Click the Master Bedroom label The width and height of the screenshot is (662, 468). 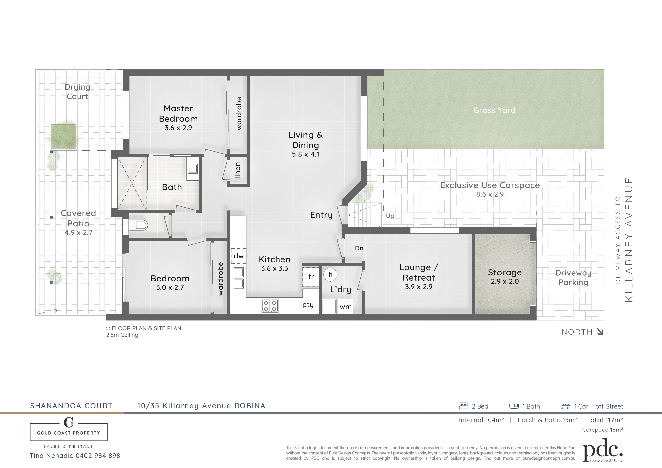pyautogui.click(x=178, y=114)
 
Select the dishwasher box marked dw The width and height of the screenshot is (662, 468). pyautogui.click(x=239, y=256)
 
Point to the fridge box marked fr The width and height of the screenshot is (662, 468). pyautogui.click(x=311, y=276)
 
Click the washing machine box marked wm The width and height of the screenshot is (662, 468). pyautogui.click(x=345, y=306)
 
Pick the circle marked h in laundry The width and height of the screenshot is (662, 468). pyautogui.click(x=330, y=275)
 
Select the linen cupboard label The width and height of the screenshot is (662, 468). pyautogui.click(x=238, y=170)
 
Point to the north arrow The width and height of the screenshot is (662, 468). pyautogui.click(x=600, y=332)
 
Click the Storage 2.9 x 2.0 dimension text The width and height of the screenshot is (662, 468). pyautogui.click(x=505, y=281)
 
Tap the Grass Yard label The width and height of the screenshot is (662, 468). pyautogui.click(x=494, y=110)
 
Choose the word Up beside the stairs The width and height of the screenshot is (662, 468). pyautogui.click(x=390, y=216)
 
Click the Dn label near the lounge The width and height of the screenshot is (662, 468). pyautogui.click(x=359, y=248)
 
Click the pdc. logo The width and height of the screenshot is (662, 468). pyautogui.click(x=602, y=450)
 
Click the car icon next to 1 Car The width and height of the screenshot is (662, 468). pyautogui.click(x=565, y=406)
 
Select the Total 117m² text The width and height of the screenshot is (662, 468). pyautogui.click(x=605, y=420)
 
